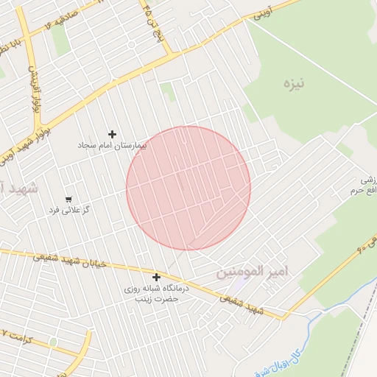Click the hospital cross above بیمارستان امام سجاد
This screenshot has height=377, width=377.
112,134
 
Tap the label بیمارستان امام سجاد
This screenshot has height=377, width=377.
113,146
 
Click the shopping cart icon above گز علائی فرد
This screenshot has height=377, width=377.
68,199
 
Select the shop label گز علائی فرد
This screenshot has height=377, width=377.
68,210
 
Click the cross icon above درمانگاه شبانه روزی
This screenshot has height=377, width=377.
156,277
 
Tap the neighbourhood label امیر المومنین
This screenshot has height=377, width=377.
253,272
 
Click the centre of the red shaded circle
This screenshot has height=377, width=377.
188,188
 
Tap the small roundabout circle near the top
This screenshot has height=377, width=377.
130,44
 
